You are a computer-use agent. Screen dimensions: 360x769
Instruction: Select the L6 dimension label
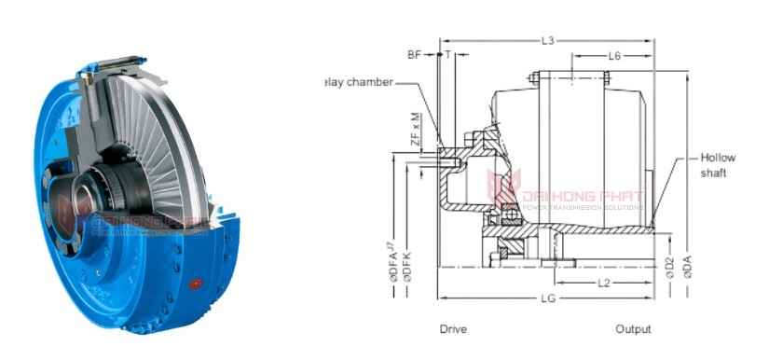(614, 56)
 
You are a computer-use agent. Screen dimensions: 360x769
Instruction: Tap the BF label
(414, 55)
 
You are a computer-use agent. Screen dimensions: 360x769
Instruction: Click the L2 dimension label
(604, 281)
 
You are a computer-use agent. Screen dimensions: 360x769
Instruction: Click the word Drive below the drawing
(453, 329)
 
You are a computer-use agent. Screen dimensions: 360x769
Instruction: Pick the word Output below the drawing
(633, 329)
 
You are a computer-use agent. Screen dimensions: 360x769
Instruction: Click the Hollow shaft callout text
(718, 166)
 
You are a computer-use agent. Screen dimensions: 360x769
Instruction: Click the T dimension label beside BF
(448, 55)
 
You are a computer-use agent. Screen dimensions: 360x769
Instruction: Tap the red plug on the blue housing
(196, 283)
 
